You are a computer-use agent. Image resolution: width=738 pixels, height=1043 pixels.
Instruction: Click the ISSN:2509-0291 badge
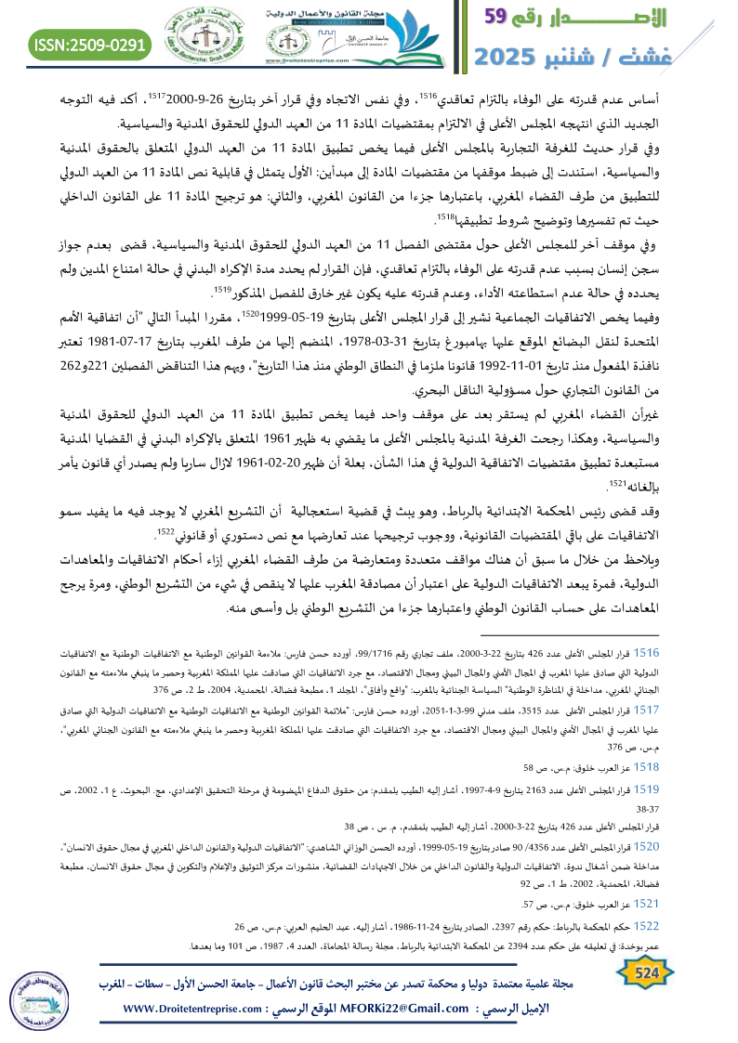point(91,44)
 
